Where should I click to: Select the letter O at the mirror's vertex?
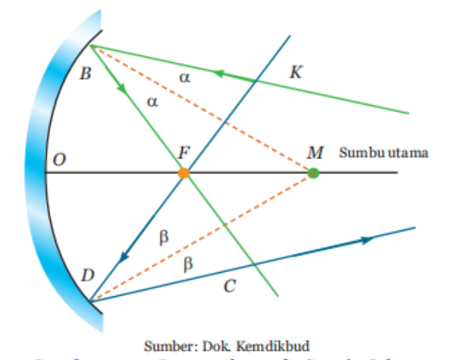[59, 160]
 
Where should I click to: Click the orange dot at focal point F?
[184, 174]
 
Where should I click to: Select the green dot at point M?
[313, 174]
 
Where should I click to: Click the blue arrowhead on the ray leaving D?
[368, 239]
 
